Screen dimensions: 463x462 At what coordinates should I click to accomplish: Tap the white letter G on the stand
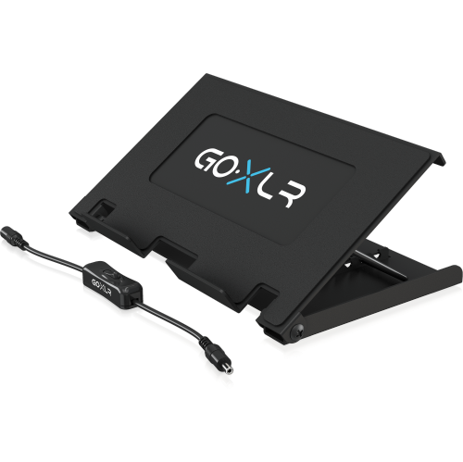[206, 161]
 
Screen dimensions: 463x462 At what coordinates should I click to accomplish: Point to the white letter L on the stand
[269, 187]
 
